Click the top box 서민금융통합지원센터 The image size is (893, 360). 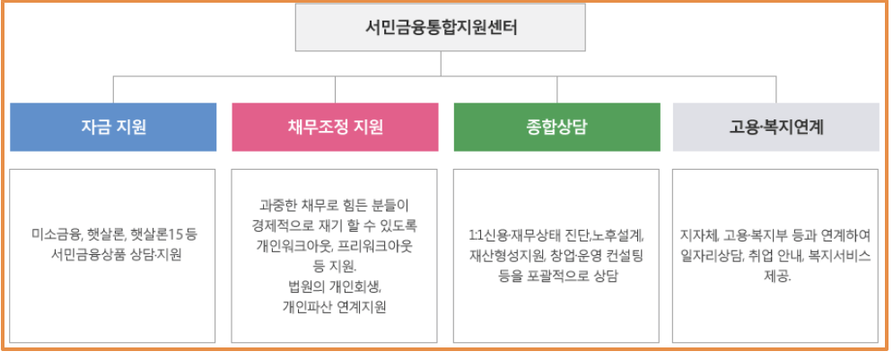[441, 28]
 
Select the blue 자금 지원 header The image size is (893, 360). [113, 127]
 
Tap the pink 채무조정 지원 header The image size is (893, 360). [336, 127]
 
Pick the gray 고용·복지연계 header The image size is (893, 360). [776, 127]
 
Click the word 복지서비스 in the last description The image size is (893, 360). [839, 256]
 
